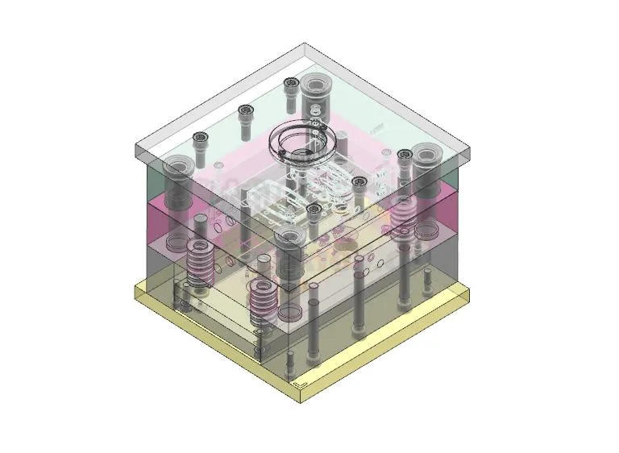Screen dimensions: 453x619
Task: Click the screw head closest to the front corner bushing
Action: coord(314,210)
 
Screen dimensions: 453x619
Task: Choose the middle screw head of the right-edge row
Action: coord(359,182)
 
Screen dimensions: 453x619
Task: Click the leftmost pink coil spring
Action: coord(198,263)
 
